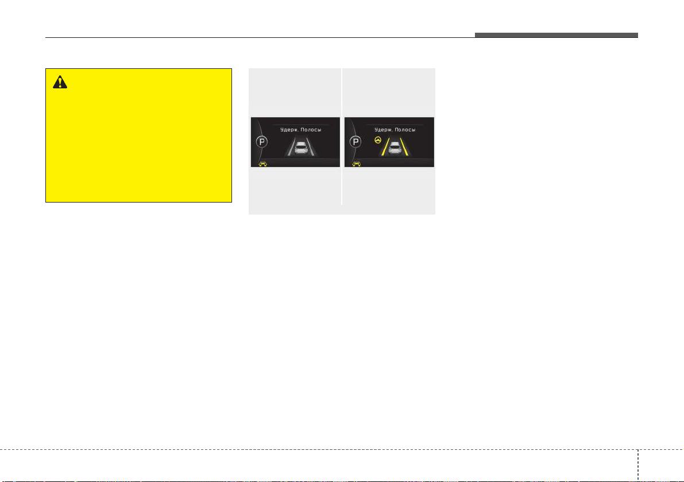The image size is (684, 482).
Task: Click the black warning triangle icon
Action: coord(60,82)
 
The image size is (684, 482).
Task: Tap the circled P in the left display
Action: coord(262,142)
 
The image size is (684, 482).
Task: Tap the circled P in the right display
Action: coord(356,142)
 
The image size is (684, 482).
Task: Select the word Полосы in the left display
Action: coord(311,130)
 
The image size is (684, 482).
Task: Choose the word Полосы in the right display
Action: coord(405,130)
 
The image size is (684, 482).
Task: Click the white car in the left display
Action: coord(301,147)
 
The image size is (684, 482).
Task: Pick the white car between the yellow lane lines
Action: coord(395,147)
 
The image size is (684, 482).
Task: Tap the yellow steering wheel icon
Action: coord(378,141)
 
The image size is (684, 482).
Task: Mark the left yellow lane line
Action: coord(385,147)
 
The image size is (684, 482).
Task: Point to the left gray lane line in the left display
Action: coord(291,147)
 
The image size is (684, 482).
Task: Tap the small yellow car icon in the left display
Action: coord(262,164)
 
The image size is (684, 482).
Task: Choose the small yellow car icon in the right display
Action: coord(357,164)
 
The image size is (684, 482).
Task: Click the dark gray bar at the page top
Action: coord(556,36)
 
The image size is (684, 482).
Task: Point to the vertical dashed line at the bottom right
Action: coord(637,465)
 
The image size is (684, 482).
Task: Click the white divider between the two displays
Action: coord(342,137)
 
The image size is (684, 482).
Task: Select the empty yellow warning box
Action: coord(139,135)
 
